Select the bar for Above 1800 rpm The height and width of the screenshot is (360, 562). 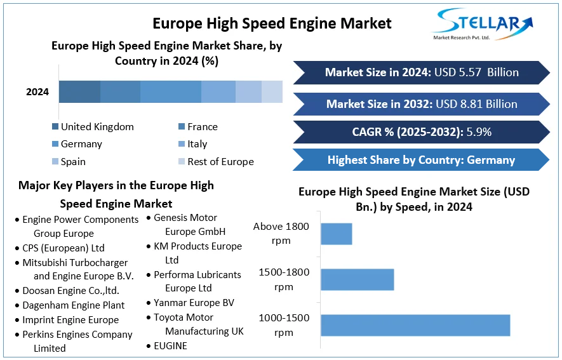[x=336, y=234]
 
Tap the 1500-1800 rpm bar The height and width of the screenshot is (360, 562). [x=357, y=279]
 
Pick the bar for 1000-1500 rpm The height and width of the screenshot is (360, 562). [x=415, y=325]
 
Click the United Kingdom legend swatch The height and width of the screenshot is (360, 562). [x=55, y=126]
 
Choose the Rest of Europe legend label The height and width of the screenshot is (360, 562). [x=220, y=162]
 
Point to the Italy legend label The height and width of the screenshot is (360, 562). [x=197, y=144]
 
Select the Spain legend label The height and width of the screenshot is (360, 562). [x=73, y=162]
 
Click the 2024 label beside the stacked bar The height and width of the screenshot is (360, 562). [x=37, y=92]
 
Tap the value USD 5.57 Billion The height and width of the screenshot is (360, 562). [x=476, y=72]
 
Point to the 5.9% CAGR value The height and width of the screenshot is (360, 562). [x=478, y=132]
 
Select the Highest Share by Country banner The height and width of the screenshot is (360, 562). [x=420, y=160]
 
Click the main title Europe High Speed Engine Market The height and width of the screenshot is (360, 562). [x=272, y=23]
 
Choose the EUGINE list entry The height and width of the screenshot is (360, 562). [x=170, y=345]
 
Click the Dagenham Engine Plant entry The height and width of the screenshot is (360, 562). [x=73, y=305]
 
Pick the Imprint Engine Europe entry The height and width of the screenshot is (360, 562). [x=70, y=319]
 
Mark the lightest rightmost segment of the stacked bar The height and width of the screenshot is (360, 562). [x=272, y=92]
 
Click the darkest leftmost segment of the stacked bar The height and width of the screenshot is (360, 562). [x=79, y=92]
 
